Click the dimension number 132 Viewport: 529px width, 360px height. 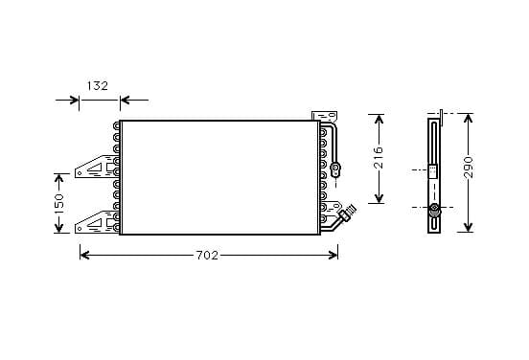[98, 86]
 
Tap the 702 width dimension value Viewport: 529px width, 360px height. [207, 256]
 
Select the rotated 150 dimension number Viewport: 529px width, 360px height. [58, 203]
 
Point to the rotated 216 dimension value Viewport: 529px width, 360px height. [379, 157]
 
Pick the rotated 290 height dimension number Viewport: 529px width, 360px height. [468, 167]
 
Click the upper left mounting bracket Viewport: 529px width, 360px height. [96, 167]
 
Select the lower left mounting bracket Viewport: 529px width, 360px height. [96, 222]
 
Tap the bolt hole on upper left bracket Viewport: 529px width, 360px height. [80, 173]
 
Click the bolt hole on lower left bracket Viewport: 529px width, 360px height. [80, 229]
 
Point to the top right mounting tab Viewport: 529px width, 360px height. [325, 116]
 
